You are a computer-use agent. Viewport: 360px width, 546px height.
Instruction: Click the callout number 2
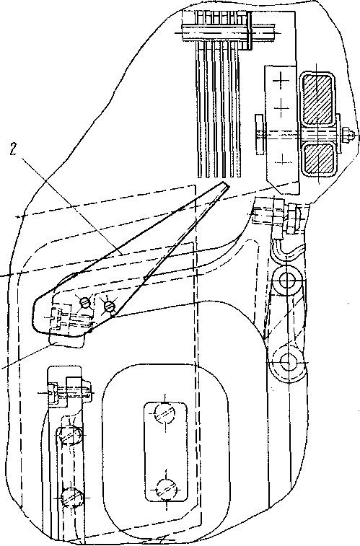coord(14,149)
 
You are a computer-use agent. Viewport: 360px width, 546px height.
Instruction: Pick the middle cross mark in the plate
coord(281,107)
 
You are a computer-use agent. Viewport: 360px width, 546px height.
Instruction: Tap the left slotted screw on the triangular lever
coord(85,303)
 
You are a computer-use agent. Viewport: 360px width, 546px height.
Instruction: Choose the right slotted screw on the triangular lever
coord(109,306)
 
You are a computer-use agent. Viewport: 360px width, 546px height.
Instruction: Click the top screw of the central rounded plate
coord(164,413)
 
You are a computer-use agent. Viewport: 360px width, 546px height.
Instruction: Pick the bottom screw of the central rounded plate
coord(166,489)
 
